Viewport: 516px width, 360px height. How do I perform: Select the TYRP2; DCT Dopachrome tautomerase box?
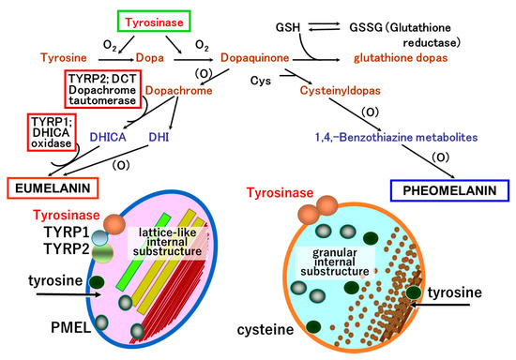(x=103, y=87)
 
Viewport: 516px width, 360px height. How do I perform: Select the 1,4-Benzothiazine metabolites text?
(x=400, y=137)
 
